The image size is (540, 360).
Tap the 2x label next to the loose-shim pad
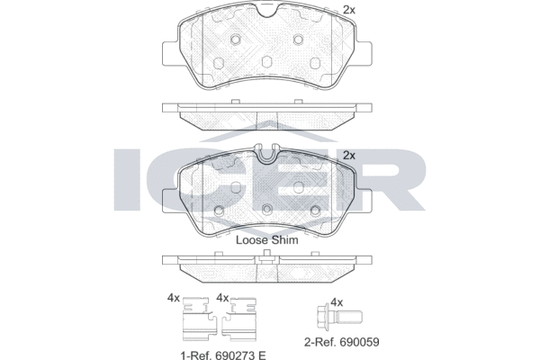tap(350, 155)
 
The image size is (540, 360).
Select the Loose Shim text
tap(266, 240)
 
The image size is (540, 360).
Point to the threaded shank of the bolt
tap(352, 316)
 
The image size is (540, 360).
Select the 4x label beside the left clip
tap(173, 298)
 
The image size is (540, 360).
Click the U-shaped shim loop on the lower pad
tap(267, 158)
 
